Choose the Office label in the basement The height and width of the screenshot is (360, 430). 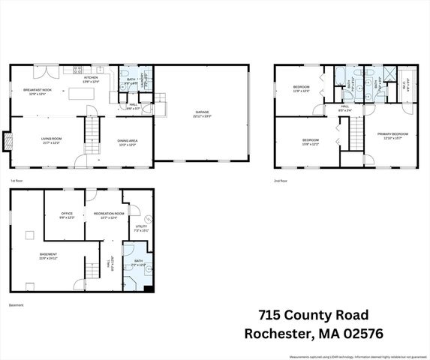coord(67,215)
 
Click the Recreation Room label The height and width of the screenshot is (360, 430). coord(107,215)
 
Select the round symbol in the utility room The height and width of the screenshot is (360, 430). coord(148,218)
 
